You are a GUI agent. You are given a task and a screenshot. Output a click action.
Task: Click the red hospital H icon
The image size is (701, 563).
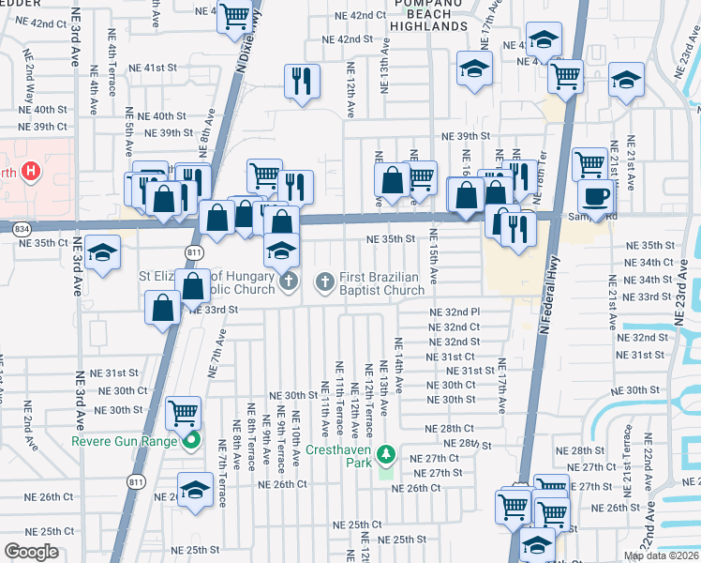[32, 171]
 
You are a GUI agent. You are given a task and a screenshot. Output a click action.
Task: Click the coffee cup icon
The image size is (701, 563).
[594, 195]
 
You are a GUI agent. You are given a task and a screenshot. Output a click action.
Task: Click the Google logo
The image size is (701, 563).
[32, 552]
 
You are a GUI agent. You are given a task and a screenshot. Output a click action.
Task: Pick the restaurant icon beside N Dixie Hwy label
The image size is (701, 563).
[302, 81]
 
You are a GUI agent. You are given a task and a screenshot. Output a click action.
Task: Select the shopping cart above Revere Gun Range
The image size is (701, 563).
[184, 412]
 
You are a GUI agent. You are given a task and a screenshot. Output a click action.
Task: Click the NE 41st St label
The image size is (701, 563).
[153, 68]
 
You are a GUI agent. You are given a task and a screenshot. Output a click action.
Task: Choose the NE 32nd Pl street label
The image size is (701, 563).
[455, 312]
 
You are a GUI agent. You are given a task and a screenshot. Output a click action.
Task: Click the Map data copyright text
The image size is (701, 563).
[661, 555]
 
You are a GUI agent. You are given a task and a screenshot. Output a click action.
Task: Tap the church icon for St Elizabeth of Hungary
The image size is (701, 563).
[289, 281]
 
